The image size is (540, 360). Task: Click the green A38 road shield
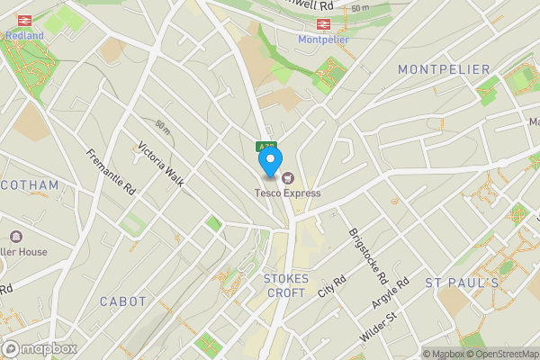pos(265,147)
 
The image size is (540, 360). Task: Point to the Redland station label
pos(24,37)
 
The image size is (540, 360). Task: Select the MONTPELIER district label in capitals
pos(444,69)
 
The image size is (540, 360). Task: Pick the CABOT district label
pos(122,301)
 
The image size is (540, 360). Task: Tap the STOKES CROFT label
pos(287,285)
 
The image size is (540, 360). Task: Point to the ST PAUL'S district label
pos(462,283)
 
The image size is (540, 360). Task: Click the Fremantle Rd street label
pos(111,174)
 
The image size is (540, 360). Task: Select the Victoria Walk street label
pos(161,164)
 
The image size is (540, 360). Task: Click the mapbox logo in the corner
pos(40,348)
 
